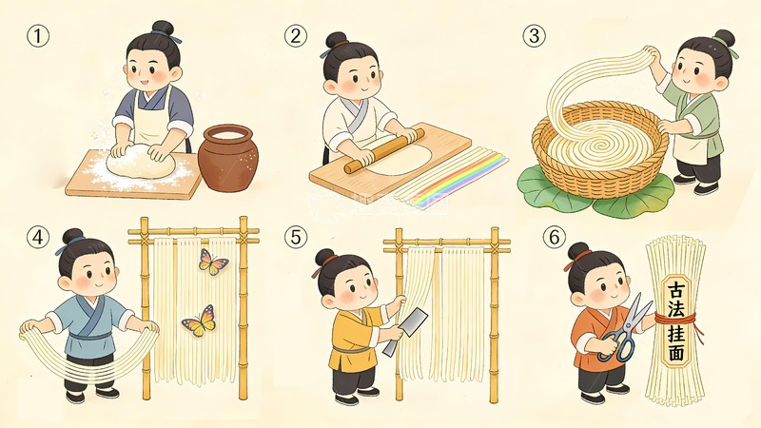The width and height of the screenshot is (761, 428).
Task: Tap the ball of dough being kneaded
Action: pos(141,164)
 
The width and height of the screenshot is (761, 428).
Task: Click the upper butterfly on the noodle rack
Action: pos(213,260)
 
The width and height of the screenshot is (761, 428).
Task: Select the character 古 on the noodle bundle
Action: pos(676,289)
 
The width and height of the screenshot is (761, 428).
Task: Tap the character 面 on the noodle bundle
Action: pos(676,353)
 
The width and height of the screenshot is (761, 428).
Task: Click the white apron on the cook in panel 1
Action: pos(152,114)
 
